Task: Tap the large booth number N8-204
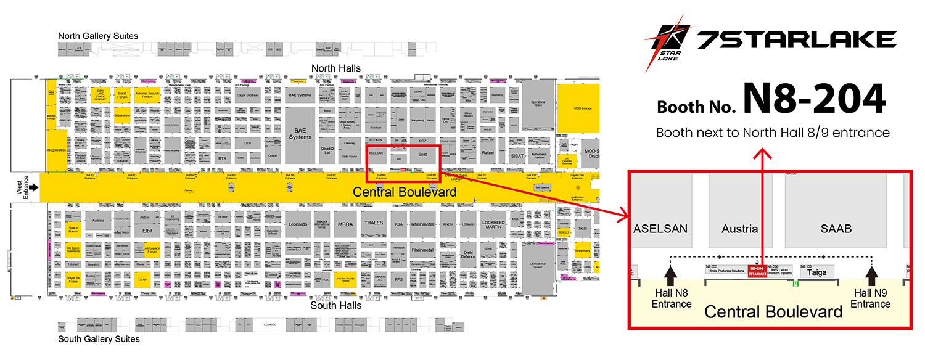pyautogui.click(x=814, y=99)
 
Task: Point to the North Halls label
pyautogui.click(x=336, y=68)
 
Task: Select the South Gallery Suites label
pyautogui.click(x=99, y=339)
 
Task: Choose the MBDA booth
pyautogui.click(x=345, y=224)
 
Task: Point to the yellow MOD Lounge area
pyautogui.click(x=578, y=108)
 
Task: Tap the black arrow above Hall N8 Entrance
pyautogui.click(x=672, y=275)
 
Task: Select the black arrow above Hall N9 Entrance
pyautogui.click(x=871, y=275)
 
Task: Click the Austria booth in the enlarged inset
pyautogui.click(x=739, y=229)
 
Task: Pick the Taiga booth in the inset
pyautogui.click(x=817, y=272)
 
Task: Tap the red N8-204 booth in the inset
pyautogui.click(x=757, y=271)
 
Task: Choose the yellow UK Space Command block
pyautogui.click(x=73, y=250)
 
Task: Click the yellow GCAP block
pyautogui.click(x=143, y=279)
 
